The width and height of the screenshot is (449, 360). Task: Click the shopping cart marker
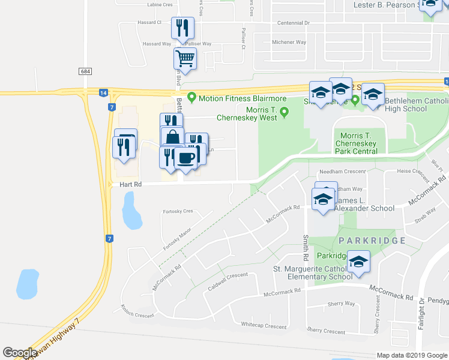tap(184, 59)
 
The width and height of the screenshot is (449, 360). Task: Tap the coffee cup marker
tap(185, 158)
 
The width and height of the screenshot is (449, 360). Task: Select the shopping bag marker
tap(172, 137)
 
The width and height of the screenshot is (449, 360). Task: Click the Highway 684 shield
tap(85, 71)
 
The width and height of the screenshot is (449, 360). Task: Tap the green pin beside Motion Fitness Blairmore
tap(192, 97)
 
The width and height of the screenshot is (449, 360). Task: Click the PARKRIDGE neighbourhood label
tap(372, 240)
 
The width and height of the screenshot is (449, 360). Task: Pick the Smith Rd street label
tap(306, 247)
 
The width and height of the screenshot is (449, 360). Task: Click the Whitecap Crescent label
tap(264, 326)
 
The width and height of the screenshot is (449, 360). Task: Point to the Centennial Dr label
tap(293, 23)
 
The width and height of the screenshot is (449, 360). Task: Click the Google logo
tap(20, 353)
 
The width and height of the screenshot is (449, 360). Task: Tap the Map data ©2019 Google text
tap(411, 355)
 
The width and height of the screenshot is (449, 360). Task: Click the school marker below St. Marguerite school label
tap(358, 262)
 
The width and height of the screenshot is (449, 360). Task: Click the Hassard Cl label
tap(151, 22)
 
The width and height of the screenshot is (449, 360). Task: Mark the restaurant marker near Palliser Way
tap(182, 28)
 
